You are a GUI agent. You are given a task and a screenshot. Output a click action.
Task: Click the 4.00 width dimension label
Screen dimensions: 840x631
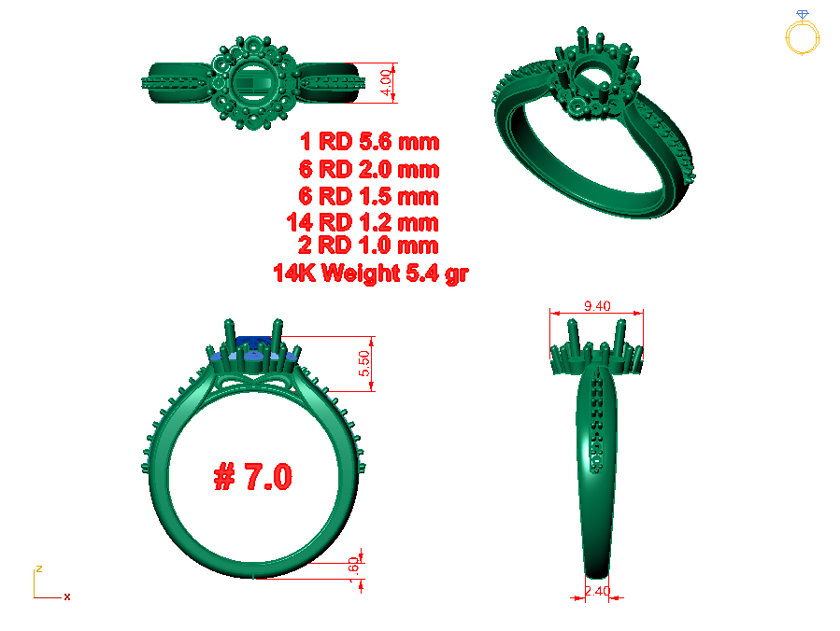[x=385, y=82]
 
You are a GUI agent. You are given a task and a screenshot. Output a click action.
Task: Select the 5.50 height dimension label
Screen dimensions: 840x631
[x=364, y=363]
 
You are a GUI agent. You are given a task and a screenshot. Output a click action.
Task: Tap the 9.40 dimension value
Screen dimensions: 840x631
[x=597, y=306]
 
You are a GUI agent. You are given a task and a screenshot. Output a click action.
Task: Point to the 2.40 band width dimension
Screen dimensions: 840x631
[x=597, y=591]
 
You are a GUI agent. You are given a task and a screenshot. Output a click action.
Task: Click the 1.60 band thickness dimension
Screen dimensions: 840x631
[x=353, y=570]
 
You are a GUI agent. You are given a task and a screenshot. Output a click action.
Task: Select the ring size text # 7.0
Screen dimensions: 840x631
[x=253, y=476]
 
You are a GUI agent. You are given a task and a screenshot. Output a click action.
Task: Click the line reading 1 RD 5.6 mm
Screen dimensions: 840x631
[x=370, y=142]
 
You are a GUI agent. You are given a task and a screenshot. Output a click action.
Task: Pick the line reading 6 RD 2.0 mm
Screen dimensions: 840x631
[x=369, y=169]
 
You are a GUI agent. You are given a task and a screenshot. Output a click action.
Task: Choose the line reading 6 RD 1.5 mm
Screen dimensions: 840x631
[x=368, y=196]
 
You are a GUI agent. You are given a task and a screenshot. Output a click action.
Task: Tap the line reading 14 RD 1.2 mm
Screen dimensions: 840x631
[x=363, y=222]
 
